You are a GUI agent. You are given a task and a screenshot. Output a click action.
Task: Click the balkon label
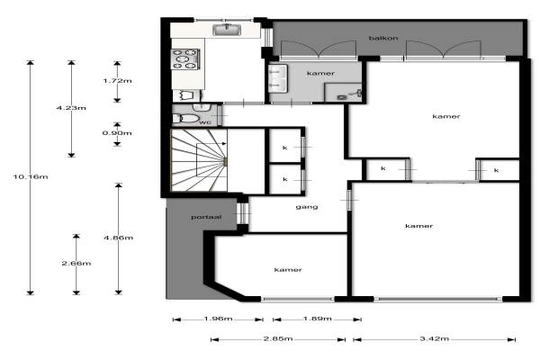coord(383,38)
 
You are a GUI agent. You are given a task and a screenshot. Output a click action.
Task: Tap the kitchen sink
coord(227,30)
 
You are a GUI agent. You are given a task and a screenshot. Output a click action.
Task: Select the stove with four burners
coord(185,59)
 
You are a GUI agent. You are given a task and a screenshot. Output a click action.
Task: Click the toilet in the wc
coord(186,119)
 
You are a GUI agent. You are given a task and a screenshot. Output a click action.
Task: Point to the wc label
coord(205,122)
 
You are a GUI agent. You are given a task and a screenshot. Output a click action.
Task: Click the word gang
coord(307,207)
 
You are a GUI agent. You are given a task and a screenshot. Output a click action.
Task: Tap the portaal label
coord(206,217)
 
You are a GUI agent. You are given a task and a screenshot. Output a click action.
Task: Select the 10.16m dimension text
coord(31,176)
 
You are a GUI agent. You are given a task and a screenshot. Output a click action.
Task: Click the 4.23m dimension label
coord(71,108)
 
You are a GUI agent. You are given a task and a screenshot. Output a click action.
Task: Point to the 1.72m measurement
coord(117,81)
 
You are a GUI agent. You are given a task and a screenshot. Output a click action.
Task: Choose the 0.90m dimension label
coord(117,133)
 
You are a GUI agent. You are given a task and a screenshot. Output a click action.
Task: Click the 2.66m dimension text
coord(76,263)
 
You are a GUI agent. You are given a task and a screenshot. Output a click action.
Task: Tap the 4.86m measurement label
coord(119,238)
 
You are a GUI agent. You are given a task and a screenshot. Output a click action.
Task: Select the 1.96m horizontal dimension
coord(218,319)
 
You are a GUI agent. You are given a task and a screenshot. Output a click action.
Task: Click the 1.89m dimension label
coord(317,319)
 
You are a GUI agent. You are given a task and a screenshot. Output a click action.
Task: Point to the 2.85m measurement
coord(278,338)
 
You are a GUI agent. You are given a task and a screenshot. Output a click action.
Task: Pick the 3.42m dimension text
coord(434,338)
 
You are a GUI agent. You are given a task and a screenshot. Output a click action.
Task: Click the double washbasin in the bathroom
coord(278,78)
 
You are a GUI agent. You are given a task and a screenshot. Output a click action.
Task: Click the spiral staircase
coord(199,160)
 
